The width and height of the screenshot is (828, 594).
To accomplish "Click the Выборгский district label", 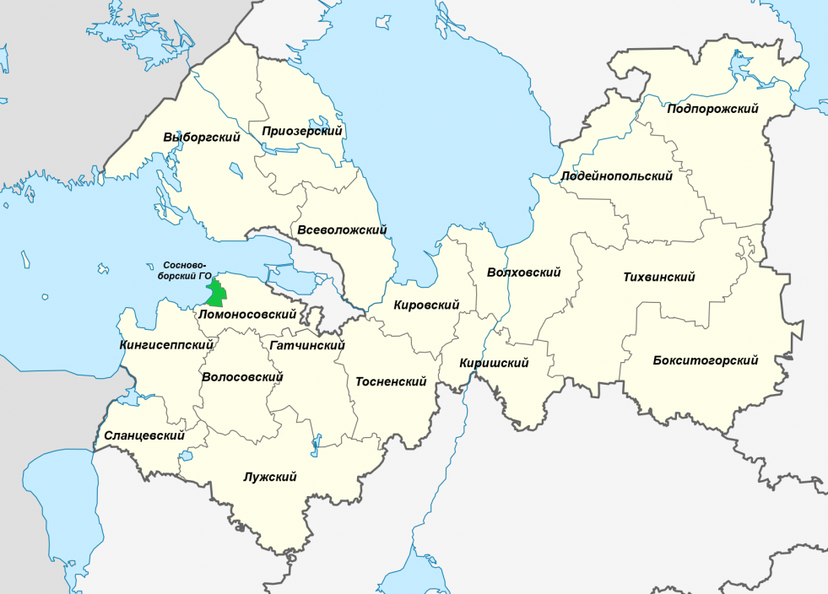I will coord(202,138).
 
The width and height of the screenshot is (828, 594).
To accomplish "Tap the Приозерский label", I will coord(301,131).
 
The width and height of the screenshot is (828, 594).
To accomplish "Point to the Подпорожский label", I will coord(712,109).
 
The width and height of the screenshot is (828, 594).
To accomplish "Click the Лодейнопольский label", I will coord(617,176).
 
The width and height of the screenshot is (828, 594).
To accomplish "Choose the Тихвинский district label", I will coord(658,277).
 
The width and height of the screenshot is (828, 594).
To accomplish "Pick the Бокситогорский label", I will coord(706,360).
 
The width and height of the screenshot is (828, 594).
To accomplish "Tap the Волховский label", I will coord(524,273).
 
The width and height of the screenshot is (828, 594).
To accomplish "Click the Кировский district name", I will coord(426,305).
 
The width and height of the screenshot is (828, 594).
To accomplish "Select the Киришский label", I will coord(494,363).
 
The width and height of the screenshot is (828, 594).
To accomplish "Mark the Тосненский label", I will coord(390,381).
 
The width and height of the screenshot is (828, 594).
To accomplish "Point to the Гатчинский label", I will coord(308,346).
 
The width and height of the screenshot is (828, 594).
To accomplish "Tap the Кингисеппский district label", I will coord(166,344).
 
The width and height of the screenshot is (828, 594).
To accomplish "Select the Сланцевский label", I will coord(144,435).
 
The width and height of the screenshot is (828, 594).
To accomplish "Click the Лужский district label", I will coord(269,478).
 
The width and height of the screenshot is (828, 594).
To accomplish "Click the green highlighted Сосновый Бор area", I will coord(218,294).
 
